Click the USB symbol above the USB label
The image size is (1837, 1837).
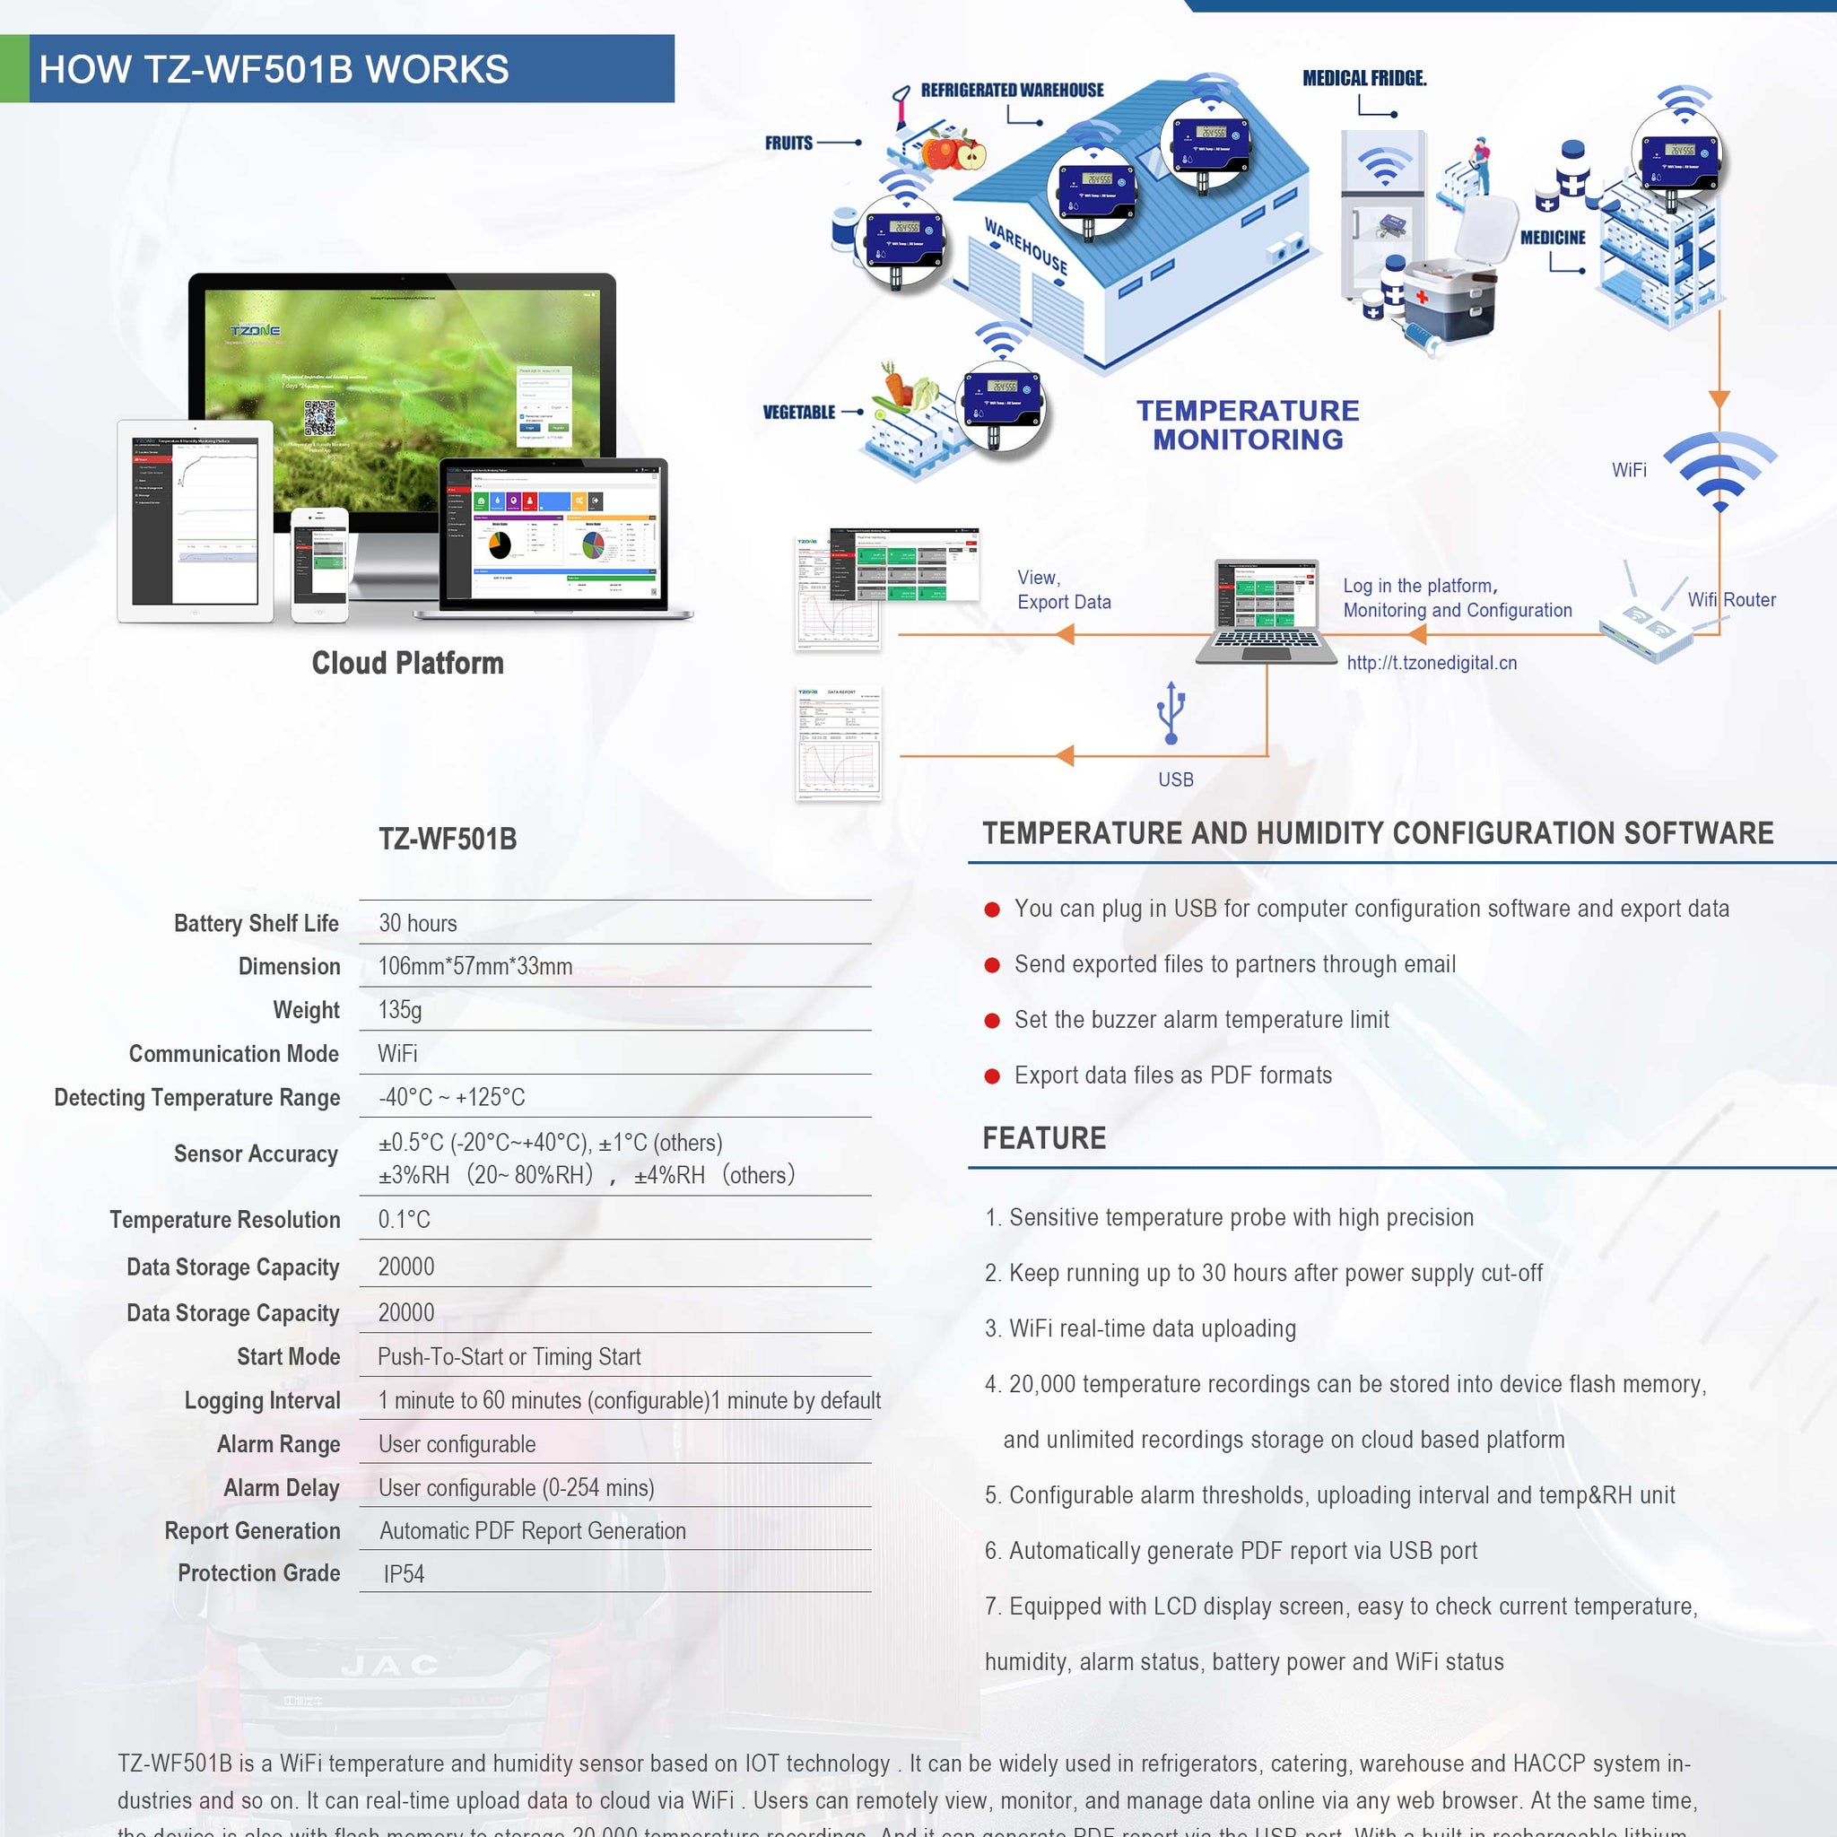[x=1171, y=712]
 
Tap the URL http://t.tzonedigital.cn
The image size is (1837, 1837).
[x=1431, y=663]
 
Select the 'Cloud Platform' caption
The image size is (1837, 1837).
[x=408, y=663]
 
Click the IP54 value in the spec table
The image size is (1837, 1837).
[x=405, y=1573]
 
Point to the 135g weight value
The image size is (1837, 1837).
[x=400, y=1010]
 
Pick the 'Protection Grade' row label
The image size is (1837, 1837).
[x=258, y=1572]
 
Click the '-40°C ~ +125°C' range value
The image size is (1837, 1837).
[x=452, y=1097]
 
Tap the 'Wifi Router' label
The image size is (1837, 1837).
[x=1731, y=600]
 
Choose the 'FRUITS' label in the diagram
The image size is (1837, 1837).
[x=789, y=144]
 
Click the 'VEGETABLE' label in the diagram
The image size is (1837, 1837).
[x=798, y=413]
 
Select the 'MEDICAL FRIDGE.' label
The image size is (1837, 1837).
[x=1364, y=79]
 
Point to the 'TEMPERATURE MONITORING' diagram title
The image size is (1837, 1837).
[x=1248, y=425]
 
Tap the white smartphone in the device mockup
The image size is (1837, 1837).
[x=319, y=564]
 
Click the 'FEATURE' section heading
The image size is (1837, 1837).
[x=1044, y=1138]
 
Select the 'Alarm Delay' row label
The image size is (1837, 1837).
[x=282, y=1487]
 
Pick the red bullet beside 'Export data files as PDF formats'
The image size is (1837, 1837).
[x=992, y=1076]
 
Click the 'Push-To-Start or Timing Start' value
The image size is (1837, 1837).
[x=509, y=1357]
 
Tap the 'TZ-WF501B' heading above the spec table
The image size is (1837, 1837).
[x=448, y=839]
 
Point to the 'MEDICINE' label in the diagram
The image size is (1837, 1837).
[x=1553, y=238]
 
